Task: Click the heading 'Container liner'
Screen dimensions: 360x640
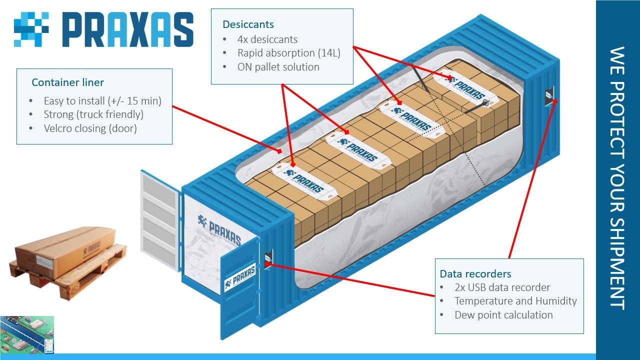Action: click(67, 82)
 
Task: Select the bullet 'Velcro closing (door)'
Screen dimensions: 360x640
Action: click(90, 128)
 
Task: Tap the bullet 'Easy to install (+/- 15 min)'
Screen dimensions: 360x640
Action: click(102, 101)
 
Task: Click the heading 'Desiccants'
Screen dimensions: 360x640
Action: click(248, 24)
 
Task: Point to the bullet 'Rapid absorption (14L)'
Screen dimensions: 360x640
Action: click(288, 53)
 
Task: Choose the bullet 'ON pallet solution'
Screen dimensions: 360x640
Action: click(278, 67)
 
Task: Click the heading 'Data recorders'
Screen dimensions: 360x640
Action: click(475, 274)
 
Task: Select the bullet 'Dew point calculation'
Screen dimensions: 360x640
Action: click(503, 315)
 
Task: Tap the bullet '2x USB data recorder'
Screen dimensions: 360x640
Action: click(502, 287)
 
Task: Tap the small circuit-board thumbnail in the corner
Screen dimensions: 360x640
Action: click(27, 334)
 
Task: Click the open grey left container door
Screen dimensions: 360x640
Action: click(160, 220)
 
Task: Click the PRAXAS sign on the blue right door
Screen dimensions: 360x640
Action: click(240, 276)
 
